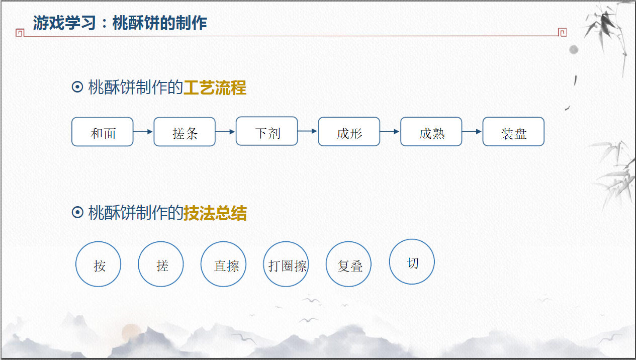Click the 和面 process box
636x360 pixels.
pyautogui.click(x=103, y=132)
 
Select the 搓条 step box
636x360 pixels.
pyautogui.click(x=185, y=132)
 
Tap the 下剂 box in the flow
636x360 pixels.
pyautogui.click(x=267, y=131)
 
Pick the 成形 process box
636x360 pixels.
pyautogui.click(x=349, y=132)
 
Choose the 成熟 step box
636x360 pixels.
pyautogui.click(x=431, y=132)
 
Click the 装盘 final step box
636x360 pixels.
pyautogui.click(x=513, y=132)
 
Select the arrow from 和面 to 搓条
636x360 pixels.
pyautogui.click(x=143, y=132)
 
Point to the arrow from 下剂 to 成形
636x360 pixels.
pyautogui.click(x=308, y=131)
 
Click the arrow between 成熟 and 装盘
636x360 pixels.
pyautogui.click(x=472, y=132)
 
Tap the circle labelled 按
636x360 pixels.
pyautogui.click(x=98, y=264)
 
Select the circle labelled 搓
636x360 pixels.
pyautogui.click(x=161, y=264)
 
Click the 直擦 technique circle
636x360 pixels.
pyautogui.click(x=223, y=264)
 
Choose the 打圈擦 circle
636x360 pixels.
pyautogui.click(x=286, y=264)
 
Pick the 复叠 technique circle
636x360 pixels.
pyautogui.click(x=348, y=264)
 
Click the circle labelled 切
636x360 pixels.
pyautogui.click(x=412, y=261)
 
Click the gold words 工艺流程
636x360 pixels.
pyautogui.click(x=215, y=88)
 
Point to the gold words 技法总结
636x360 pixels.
pyautogui.click(x=215, y=213)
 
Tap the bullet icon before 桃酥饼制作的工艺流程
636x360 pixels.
pyautogui.click(x=77, y=88)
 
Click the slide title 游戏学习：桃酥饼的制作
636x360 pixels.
pyautogui.click(x=120, y=23)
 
